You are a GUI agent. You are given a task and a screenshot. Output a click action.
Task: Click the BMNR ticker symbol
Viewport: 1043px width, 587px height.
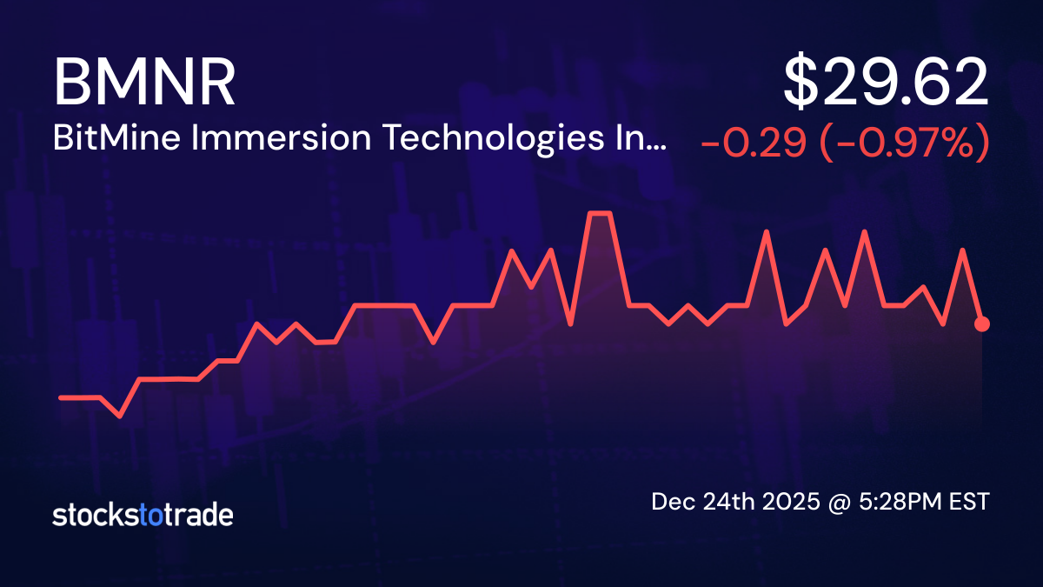pyautogui.click(x=144, y=83)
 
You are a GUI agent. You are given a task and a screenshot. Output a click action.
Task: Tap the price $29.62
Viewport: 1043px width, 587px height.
pyautogui.click(x=886, y=83)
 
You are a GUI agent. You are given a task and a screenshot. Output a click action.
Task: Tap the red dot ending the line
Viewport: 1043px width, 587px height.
pyautogui.click(x=982, y=324)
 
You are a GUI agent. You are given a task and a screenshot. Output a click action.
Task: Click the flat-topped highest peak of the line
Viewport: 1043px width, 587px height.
pyautogui.click(x=601, y=213)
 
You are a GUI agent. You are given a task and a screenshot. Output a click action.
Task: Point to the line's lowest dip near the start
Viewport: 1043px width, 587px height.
pyautogui.click(x=120, y=416)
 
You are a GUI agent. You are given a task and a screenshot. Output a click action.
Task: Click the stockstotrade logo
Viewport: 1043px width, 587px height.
pyautogui.click(x=143, y=515)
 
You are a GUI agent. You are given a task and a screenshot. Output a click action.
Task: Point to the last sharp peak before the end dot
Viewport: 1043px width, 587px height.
pyautogui.click(x=962, y=250)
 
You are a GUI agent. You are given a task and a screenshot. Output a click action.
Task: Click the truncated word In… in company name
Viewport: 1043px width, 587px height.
pyautogui.click(x=646, y=139)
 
